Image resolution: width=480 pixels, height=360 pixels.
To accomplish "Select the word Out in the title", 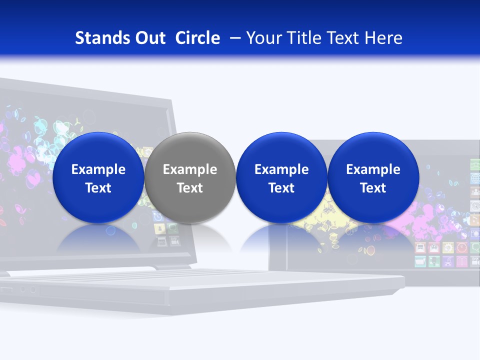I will [x=149, y=38].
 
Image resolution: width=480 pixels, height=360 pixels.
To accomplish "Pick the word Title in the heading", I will [x=304, y=38].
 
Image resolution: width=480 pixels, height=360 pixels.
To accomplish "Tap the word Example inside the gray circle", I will [x=189, y=169].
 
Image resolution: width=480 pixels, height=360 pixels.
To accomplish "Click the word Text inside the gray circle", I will [x=189, y=188].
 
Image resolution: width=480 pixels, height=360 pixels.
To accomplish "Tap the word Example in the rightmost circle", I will [x=373, y=169].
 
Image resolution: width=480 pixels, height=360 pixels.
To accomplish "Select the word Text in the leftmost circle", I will [x=98, y=188].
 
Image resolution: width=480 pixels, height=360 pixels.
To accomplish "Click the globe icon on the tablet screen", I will [x=447, y=247].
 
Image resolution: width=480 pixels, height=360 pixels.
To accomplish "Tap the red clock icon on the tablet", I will [x=461, y=247].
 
